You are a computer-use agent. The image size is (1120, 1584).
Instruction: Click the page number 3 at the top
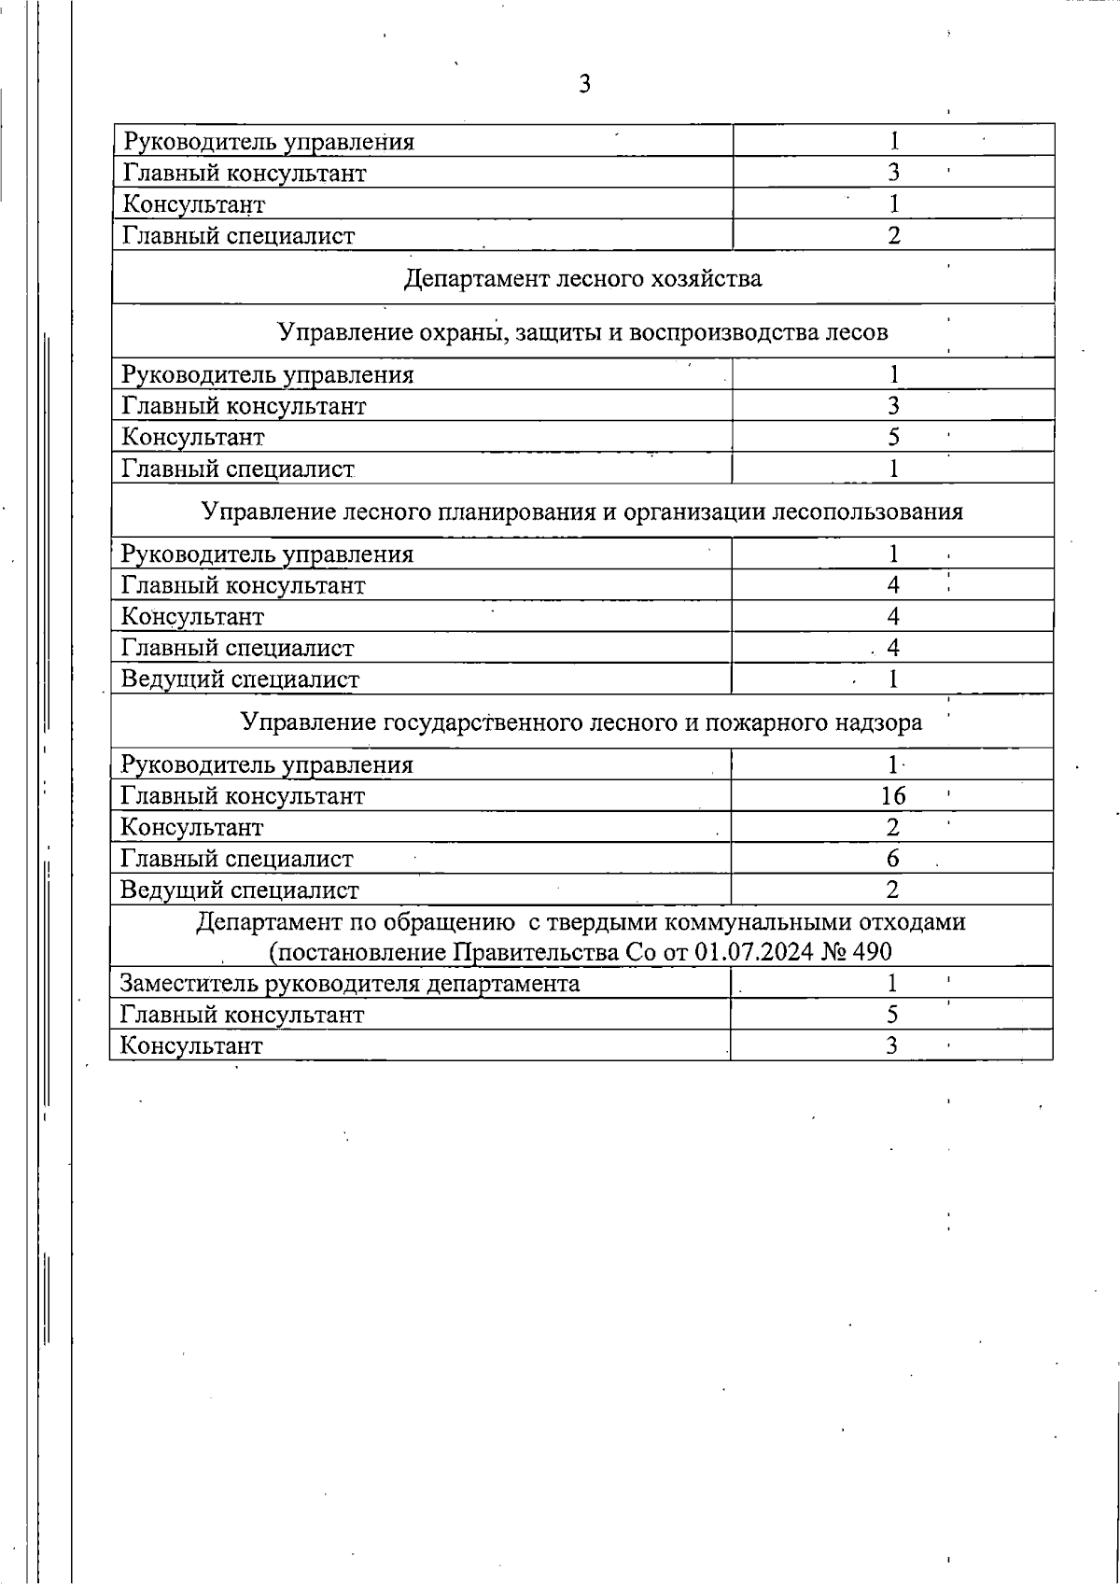pos(584,85)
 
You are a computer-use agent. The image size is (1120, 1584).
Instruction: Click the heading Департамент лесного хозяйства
pos(582,278)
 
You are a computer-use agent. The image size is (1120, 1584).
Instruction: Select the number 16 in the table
pos(893,796)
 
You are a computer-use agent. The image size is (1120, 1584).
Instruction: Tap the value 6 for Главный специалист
pos(893,859)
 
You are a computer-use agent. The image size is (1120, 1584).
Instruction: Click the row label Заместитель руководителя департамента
pos(350,984)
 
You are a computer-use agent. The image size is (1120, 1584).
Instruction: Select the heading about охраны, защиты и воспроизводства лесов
pos(582,332)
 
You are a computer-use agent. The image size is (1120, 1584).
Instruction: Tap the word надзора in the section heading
pos(878,722)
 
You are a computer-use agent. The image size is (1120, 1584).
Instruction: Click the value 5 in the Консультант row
pos(893,437)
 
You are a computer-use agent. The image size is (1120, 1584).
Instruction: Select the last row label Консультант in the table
pos(192,1045)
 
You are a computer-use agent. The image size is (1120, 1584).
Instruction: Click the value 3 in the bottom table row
pos(892,1045)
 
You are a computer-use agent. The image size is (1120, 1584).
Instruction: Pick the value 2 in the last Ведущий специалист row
pos(892,890)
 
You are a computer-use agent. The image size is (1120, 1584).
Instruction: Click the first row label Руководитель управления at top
pos(269,142)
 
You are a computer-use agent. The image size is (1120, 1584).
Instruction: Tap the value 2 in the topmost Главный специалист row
pos(893,235)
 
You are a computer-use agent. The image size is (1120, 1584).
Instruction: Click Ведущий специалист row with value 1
pos(240,680)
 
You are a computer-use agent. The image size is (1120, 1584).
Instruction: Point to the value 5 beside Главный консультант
pos(892,1015)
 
